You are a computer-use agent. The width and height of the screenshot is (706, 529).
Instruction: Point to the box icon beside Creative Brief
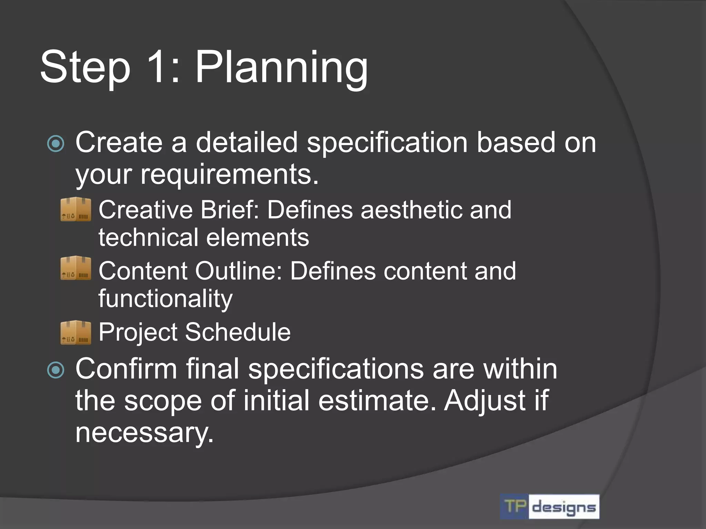click(76, 209)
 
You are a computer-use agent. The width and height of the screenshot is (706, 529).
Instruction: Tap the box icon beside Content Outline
click(76, 268)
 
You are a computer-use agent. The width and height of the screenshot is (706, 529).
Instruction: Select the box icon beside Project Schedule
click(76, 332)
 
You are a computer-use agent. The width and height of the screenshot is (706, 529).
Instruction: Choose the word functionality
click(165, 299)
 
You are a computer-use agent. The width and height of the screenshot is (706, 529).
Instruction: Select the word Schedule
click(238, 332)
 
